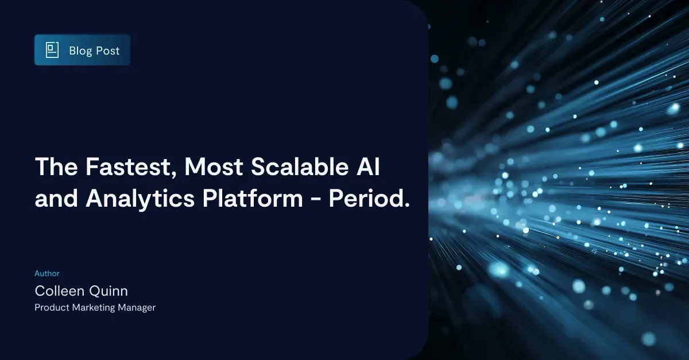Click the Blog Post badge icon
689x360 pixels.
tap(53, 51)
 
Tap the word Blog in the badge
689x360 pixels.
tap(80, 51)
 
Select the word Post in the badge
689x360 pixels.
tap(107, 51)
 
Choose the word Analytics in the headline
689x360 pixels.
tap(142, 199)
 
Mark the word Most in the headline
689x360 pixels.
tap(216, 167)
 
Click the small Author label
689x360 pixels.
tap(47, 274)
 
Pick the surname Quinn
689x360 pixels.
tap(109, 291)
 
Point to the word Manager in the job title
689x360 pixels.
tap(138, 308)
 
